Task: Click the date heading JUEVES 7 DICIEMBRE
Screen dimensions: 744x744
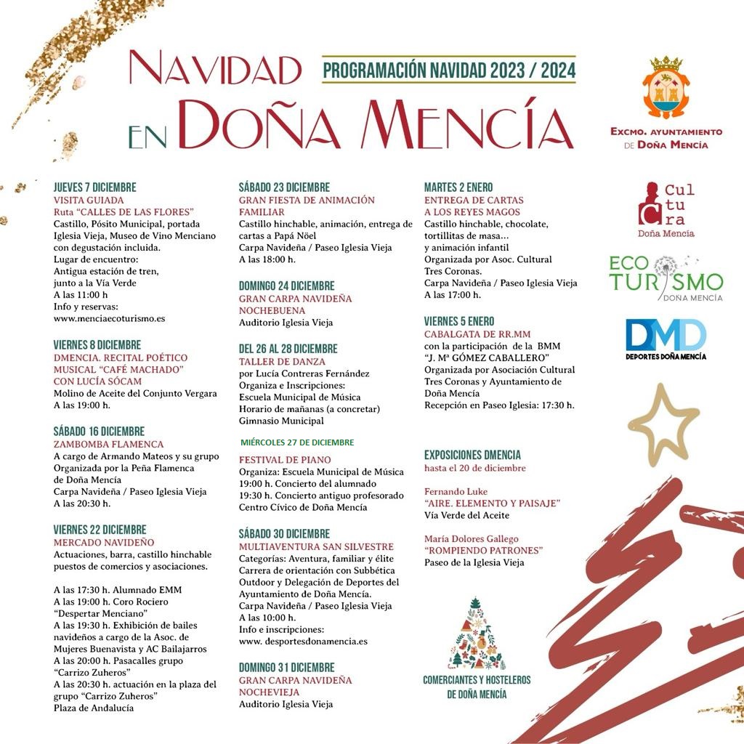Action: point(94,187)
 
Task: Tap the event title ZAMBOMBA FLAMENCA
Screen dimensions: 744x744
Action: point(108,444)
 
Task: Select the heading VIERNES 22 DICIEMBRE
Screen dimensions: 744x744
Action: point(100,530)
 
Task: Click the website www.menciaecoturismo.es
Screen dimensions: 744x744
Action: point(109,318)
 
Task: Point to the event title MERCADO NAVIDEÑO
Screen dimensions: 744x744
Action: point(103,542)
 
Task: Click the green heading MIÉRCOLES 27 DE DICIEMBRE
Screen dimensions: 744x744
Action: point(297,442)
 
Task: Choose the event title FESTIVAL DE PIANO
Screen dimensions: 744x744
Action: point(284,460)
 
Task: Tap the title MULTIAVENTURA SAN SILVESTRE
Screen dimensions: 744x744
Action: point(316,546)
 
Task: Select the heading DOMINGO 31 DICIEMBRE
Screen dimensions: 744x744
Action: point(286,667)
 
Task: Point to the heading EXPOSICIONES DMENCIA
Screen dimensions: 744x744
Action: point(472,455)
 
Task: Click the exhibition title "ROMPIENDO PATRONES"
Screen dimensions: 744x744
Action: point(483,550)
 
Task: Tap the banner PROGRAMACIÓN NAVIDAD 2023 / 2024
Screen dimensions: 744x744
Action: point(449,70)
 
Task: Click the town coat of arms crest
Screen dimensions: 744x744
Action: point(666,88)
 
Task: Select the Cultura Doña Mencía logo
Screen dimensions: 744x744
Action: point(666,209)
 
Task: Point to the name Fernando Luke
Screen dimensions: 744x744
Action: point(456,491)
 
